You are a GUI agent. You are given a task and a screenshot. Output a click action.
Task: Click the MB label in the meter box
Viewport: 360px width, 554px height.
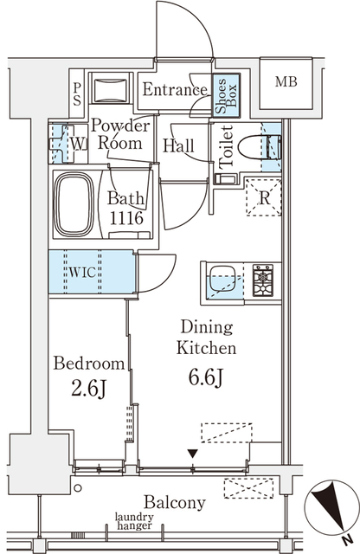(286, 82)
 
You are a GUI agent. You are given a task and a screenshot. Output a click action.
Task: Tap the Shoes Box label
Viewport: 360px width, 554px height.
(226, 96)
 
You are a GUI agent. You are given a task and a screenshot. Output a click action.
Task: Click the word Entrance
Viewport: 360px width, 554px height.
(175, 89)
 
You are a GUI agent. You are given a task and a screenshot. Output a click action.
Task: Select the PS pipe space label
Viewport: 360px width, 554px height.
(77, 94)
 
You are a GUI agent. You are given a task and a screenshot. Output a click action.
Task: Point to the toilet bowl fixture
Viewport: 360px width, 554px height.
(260, 147)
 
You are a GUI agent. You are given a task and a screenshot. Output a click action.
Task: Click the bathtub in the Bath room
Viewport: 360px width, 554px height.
(74, 204)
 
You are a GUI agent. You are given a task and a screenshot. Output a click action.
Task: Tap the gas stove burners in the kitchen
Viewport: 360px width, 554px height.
(263, 280)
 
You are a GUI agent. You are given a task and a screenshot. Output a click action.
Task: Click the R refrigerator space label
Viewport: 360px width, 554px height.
(264, 198)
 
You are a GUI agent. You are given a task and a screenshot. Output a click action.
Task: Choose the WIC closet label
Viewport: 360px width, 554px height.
(82, 272)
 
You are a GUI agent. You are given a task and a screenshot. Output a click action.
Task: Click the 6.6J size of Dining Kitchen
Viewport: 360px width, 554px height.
(206, 377)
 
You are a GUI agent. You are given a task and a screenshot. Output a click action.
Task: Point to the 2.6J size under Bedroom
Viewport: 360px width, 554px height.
(89, 389)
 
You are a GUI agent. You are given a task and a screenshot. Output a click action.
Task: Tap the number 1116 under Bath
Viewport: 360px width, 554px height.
(126, 218)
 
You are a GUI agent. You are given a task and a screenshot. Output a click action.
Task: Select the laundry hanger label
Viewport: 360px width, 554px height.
(134, 521)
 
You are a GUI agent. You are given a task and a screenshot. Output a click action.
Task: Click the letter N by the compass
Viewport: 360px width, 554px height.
(348, 539)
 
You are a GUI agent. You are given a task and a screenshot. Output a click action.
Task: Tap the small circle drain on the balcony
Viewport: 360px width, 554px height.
(78, 488)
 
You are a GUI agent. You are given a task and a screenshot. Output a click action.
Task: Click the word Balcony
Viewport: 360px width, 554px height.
(175, 503)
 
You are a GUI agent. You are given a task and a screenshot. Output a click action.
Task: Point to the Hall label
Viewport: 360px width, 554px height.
(178, 145)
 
